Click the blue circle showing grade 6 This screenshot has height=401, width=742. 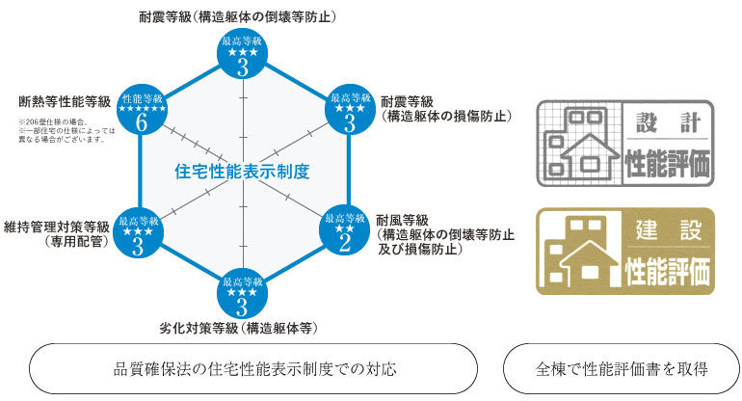[141, 113]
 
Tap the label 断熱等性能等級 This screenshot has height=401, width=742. [64, 100]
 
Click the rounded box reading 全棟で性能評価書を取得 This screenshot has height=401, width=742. [623, 368]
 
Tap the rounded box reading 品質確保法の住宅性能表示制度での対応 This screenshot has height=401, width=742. [254, 368]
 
